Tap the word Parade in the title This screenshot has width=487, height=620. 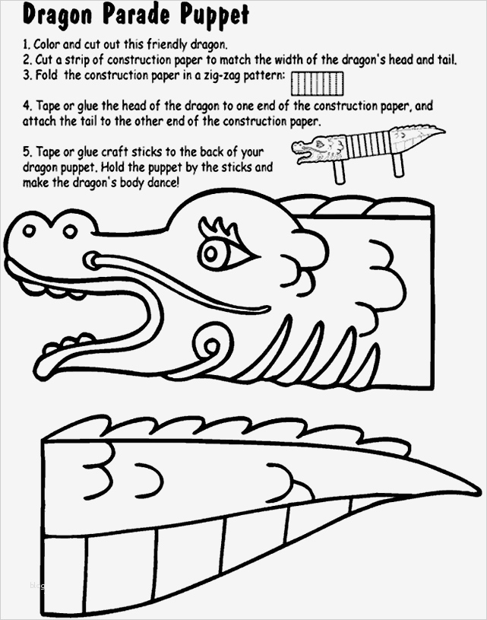click(x=137, y=15)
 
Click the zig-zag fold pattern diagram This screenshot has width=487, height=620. click(x=317, y=84)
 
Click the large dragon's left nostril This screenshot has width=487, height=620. click(x=29, y=231)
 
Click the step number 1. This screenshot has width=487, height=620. click(x=27, y=45)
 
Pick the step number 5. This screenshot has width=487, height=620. click(x=27, y=152)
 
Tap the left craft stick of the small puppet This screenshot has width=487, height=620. click(x=340, y=172)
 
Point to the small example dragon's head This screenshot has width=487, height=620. click(x=317, y=148)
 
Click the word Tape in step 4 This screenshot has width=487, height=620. click(x=49, y=107)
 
